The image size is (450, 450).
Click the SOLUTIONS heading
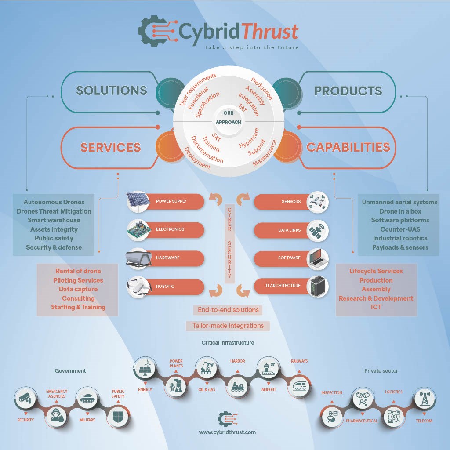tap(112, 91)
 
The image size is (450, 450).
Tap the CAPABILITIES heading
tap(348, 147)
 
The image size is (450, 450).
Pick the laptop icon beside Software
tap(316, 258)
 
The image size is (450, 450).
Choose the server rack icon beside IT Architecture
tap(316, 287)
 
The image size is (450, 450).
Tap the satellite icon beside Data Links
tap(316, 230)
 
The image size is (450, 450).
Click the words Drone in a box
tap(400, 211)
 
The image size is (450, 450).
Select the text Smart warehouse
tap(54, 220)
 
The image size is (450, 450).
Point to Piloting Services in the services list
tap(78, 280)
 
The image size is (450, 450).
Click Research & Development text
tap(376, 298)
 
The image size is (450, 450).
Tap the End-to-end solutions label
tap(228, 310)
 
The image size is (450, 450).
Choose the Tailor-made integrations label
tap(228, 326)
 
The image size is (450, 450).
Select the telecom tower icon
tap(425, 398)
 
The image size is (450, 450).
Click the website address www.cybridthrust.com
tap(227, 432)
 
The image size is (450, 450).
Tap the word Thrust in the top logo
tap(271, 31)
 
